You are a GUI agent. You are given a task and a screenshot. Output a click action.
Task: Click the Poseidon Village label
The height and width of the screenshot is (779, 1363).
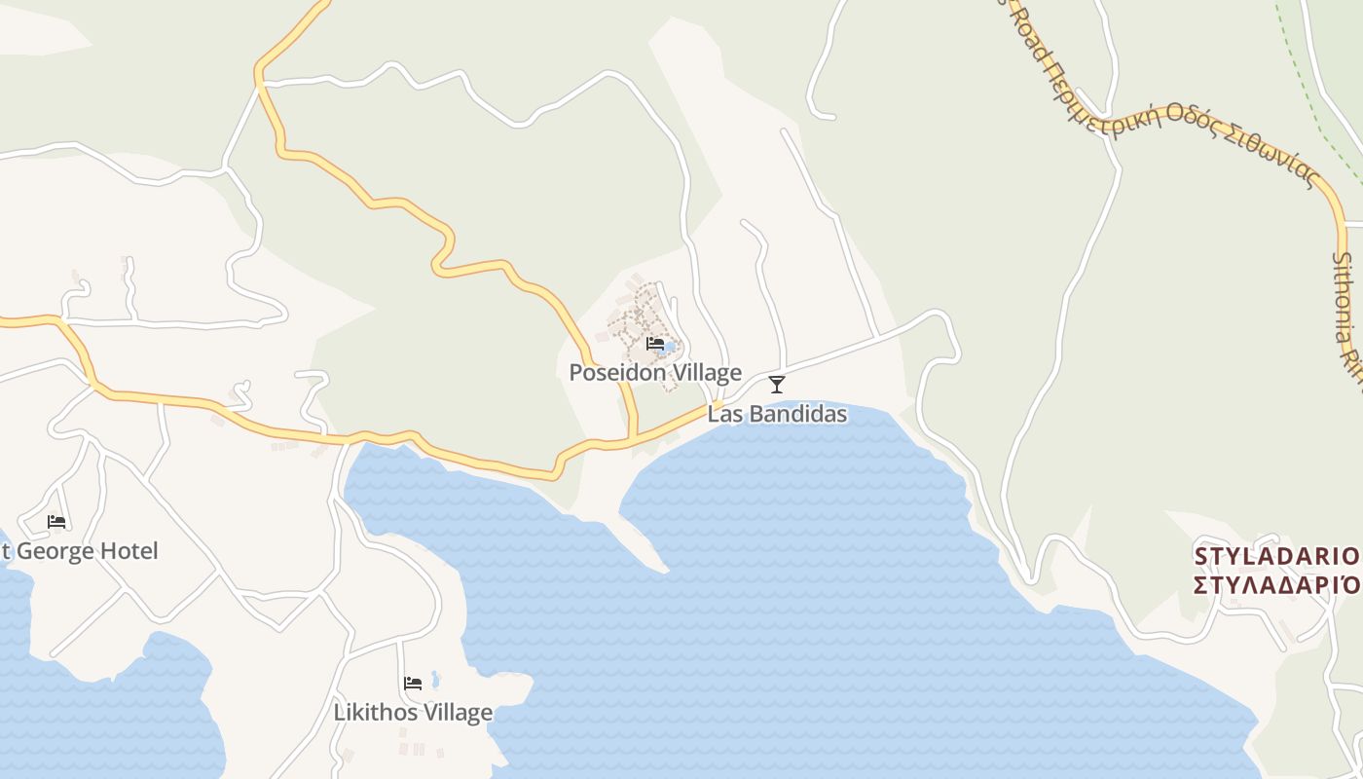tap(655, 373)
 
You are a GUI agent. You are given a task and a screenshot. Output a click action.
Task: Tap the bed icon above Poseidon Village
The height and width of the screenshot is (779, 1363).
tap(654, 344)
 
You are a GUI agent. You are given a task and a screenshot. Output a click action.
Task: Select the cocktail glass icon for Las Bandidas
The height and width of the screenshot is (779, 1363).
tap(777, 385)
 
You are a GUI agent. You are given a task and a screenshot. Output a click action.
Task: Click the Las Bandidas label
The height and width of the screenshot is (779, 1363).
tap(777, 414)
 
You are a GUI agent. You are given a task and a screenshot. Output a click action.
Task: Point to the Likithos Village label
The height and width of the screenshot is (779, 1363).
tap(413, 713)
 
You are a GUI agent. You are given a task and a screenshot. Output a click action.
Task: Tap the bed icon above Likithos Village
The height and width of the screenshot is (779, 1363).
tap(413, 684)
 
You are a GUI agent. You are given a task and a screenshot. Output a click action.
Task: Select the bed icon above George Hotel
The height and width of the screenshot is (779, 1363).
tap(56, 522)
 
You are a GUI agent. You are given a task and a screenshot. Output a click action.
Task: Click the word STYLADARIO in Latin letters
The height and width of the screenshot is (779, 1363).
tap(1276, 557)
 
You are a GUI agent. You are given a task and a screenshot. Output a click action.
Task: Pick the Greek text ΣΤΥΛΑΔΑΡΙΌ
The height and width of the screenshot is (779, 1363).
tap(1276, 585)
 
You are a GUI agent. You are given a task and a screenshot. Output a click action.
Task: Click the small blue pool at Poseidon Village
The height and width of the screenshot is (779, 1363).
tap(670, 346)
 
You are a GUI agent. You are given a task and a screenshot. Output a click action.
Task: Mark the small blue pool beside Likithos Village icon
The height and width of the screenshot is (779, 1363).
tap(435, 679)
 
